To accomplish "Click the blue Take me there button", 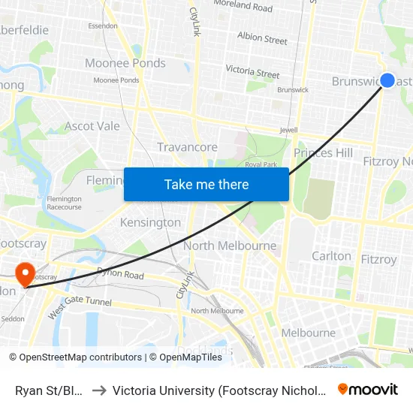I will (206, 185).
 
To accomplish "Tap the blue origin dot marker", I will (387, 80).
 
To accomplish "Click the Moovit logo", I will (368, 390).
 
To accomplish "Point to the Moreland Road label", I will (243, 8).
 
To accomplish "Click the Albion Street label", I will (262, 38).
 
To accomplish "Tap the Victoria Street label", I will (253, 72).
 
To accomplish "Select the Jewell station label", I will (288, 130).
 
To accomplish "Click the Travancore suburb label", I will (187, 147).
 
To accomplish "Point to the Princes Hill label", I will (323, 153).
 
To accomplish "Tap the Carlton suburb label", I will (331, 256).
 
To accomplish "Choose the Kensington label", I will (150, 223).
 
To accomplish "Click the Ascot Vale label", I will (92, 126).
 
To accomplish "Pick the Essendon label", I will (103, 26).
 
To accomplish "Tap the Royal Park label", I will (261, 164).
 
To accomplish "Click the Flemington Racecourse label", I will (64, 203).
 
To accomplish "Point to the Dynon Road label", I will (119, 276).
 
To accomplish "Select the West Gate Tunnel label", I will (80, 308).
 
